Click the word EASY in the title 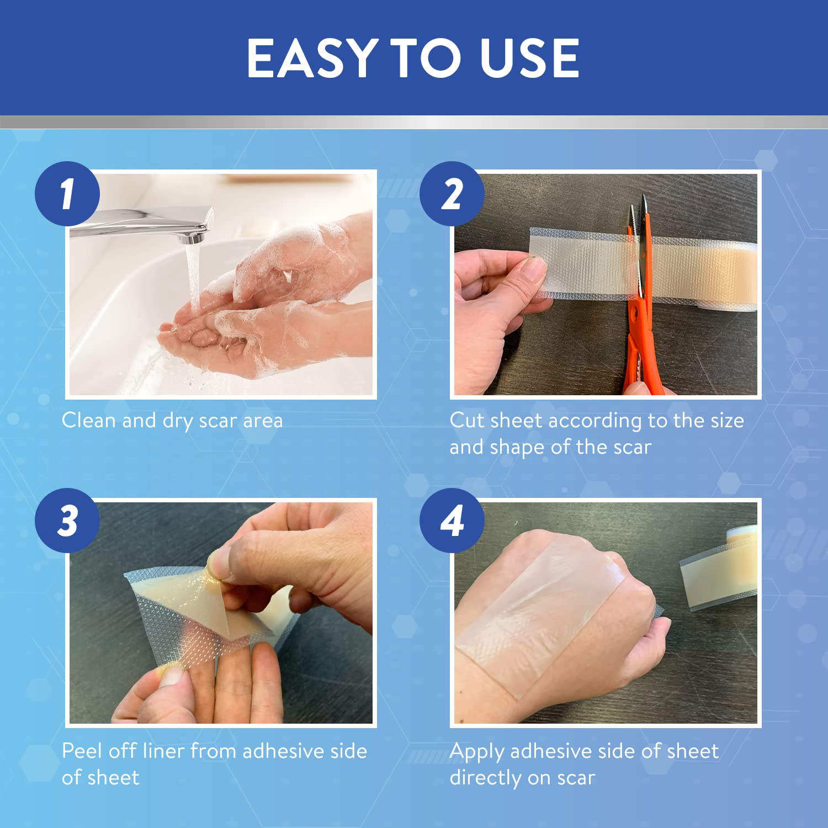click(x=312, y=58)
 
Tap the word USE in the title click(x=530, y=58)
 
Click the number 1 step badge click(x=67, y=194)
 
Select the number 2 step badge click(x=452, y=194)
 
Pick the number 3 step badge click(x=67, y=521)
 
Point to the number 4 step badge click(x=452, y=521)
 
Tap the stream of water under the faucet click(x=193, y=276)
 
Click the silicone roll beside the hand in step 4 click(x=718, y=569)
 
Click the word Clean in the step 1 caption click(x=89, y=421)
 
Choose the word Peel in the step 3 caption click(x=82, y=751)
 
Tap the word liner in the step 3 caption click(x=163, y=751)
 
